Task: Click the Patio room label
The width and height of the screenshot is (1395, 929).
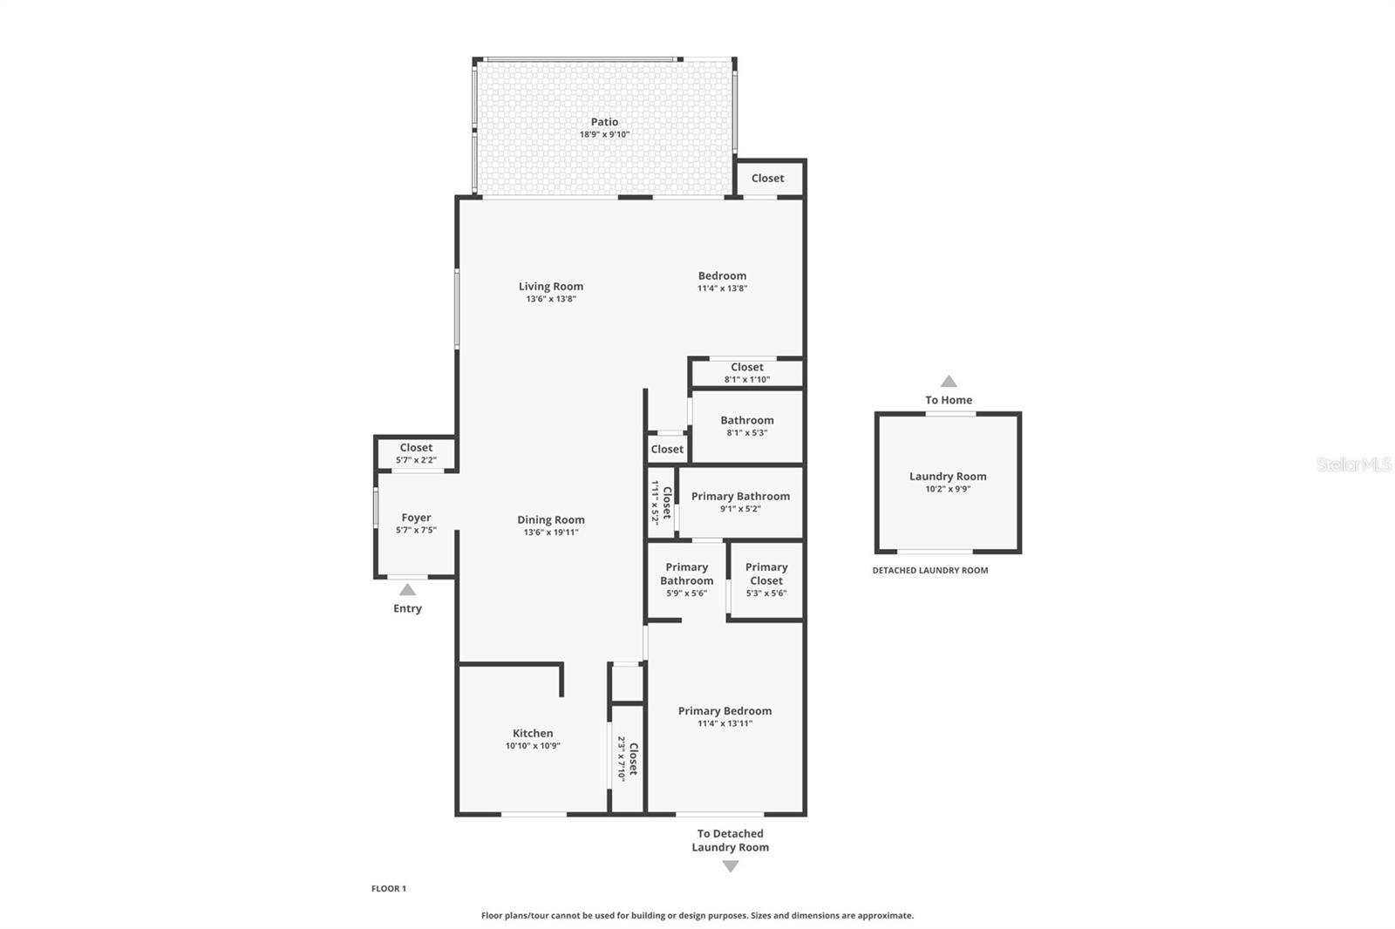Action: coord(604,122)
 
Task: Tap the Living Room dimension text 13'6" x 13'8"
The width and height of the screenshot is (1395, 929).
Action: coord(550,299)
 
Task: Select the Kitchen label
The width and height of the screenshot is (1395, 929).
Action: coord(532,733)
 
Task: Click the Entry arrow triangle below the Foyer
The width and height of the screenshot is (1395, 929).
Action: coord(407,590)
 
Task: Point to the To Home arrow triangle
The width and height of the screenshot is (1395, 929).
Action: coord(949,382)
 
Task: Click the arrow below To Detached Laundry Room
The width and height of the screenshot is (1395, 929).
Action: coord(731,866)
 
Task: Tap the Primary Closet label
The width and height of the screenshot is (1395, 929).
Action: coord(766,573)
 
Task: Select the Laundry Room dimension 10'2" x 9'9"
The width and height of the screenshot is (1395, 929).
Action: coord(948,489)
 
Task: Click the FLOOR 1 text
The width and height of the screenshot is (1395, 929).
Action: coord(389,889)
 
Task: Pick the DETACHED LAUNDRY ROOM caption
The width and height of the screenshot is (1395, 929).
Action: coord(930,571)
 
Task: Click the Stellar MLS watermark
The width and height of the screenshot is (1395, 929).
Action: coord(1353,464)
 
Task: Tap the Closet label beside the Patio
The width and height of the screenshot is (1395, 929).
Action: coord(767,178)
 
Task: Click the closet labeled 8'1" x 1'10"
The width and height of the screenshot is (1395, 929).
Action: coord(746,373)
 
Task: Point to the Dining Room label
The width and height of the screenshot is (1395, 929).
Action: coord(550,519)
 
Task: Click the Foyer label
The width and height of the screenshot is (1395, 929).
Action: coord(416,518)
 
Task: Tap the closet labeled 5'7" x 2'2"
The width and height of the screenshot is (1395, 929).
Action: coord(416,453)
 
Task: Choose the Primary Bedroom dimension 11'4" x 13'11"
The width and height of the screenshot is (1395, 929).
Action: coord(725,723)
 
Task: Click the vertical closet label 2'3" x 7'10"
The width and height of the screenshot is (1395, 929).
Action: coord(628,758)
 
